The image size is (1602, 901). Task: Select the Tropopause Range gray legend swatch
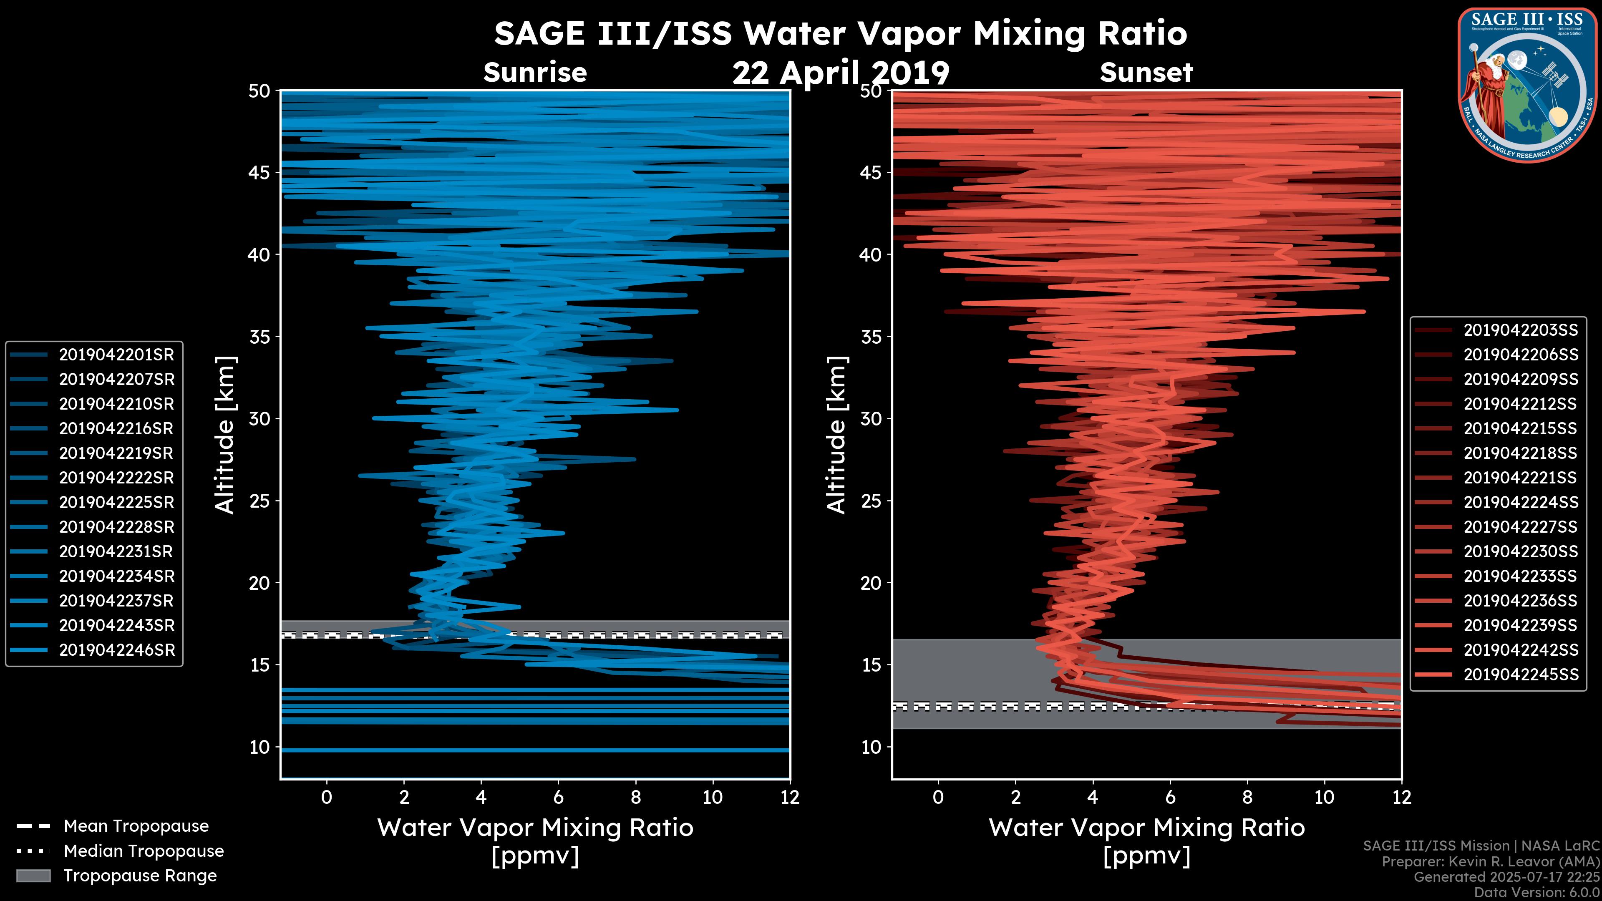click(x=33, y=876)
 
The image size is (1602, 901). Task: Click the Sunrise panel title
click(x=535, y=73)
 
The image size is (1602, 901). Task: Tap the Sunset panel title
click(x=1146, y=73)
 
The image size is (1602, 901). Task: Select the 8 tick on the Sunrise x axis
click(x=635, y=797)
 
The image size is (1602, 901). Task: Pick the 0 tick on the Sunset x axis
click(x=938, y=797)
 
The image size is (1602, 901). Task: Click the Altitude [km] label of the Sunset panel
click(x=836, y=435)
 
